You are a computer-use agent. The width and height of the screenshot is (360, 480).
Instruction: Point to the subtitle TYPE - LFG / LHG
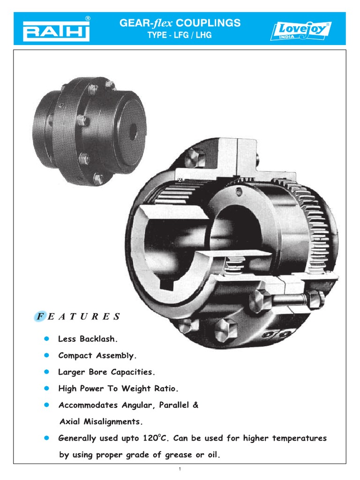point(180,36)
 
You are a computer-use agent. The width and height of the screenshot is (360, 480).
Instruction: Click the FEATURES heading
point(78,316)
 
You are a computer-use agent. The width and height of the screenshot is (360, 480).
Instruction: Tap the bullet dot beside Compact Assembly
point(46,355)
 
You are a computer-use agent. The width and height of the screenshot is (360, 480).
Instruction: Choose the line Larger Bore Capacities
point(106,372)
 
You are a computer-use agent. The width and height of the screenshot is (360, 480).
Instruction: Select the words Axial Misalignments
point(100,422)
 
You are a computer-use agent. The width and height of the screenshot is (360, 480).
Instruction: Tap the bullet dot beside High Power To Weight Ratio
point(46,389)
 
